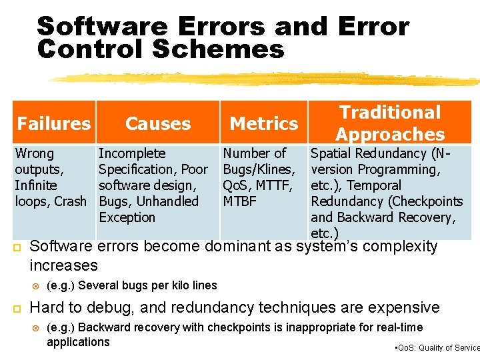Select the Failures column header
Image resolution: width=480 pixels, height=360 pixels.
click(53, 123)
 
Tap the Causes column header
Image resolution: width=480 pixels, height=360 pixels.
click(158, 123)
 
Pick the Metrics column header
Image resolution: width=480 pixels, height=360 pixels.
click(264, 123)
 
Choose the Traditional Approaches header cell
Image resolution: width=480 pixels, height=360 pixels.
click(390, 123)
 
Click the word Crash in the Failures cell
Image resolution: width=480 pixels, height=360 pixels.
click(71, 201)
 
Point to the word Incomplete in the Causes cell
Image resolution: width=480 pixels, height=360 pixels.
click(132, 153)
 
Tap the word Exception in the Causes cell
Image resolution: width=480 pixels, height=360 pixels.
click(127, 217)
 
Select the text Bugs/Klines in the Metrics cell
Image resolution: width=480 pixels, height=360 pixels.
click(258, 169)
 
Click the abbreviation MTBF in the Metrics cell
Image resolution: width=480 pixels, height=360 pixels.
click(239, 201)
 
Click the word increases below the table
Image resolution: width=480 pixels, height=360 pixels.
click(64, 265)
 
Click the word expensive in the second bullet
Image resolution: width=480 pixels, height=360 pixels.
click(405, 307)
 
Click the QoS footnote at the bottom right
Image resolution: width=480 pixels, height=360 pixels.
click(437, 347)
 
